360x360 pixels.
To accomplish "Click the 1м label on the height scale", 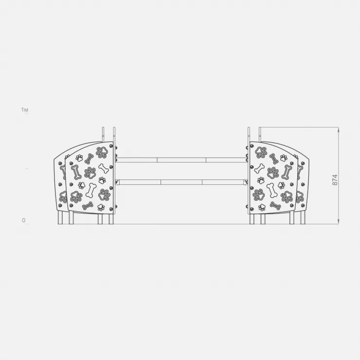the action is point(24,110).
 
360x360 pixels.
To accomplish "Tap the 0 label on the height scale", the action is point(24,220).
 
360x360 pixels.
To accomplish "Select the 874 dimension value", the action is point(335,180).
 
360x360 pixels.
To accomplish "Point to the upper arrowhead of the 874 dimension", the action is point(339,130).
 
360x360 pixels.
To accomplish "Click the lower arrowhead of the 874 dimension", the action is point(339,221).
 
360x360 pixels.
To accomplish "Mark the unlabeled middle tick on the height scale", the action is point(27,168).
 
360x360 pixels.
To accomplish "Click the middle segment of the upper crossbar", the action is point(181,160).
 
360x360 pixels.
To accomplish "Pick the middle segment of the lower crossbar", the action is point(181,182).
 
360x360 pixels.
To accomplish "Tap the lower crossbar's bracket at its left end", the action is point(117,182).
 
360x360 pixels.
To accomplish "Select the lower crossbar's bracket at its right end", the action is point(246,182).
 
